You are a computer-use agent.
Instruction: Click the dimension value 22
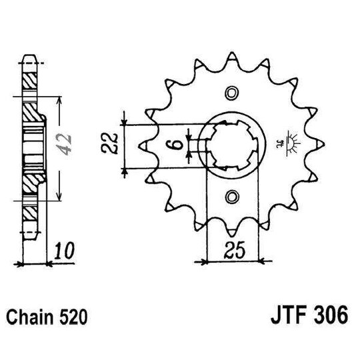(113, 143)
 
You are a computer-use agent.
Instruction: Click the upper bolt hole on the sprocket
(231, 92)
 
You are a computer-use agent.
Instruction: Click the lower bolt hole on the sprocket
(231, 197)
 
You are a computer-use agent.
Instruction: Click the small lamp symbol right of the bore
(291, 142)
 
